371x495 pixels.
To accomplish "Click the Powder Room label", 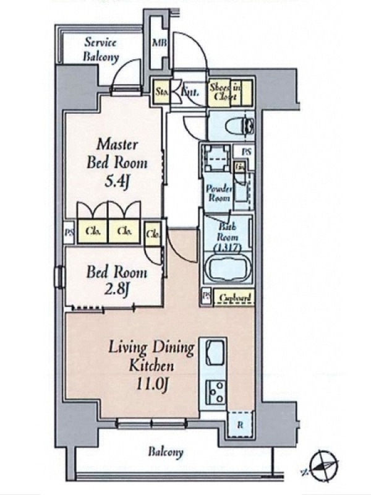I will (218, 194).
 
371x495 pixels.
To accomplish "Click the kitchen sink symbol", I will (216, 353).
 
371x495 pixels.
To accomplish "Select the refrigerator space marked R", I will (239, 426).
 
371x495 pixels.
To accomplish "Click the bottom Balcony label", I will (165, 452).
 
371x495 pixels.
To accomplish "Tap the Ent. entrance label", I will (189, 92).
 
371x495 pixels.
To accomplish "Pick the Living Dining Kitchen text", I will (151, 355).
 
